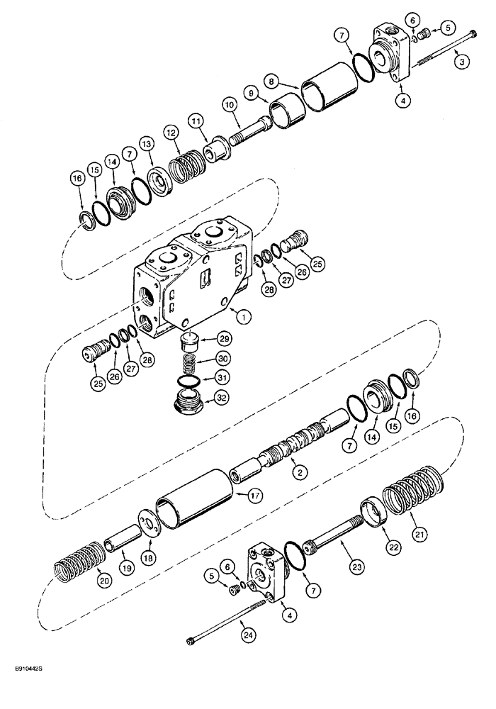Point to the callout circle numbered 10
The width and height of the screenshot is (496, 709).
coord(228,106)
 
